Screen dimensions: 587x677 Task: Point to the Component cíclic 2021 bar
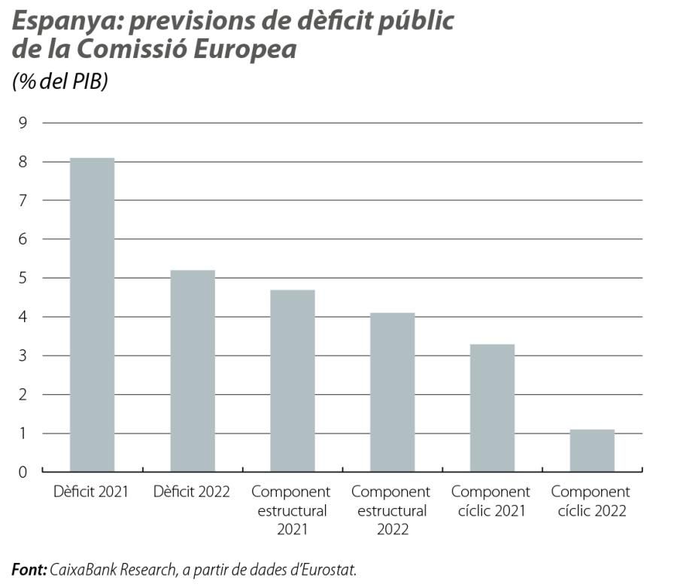click(x=492, y=408)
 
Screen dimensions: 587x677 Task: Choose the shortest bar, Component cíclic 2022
click(x=592, y=451)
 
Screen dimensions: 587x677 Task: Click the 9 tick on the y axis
click(x=22, y=123)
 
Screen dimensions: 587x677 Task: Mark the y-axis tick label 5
click(x=22, y=278)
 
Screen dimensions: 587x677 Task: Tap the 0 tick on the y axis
click(x=22, y=472)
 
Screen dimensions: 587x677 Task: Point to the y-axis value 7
click(x=22, y=200)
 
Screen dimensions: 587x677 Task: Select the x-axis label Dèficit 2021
click(x=92, y=492)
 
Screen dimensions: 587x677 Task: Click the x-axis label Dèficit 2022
click(x=192, y=492)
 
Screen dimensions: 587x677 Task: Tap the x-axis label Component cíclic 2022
click(x=590, y=502)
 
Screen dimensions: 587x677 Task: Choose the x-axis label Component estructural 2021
click(x=291, y=511)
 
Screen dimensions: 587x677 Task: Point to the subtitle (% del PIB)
click(x=60, y=81)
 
